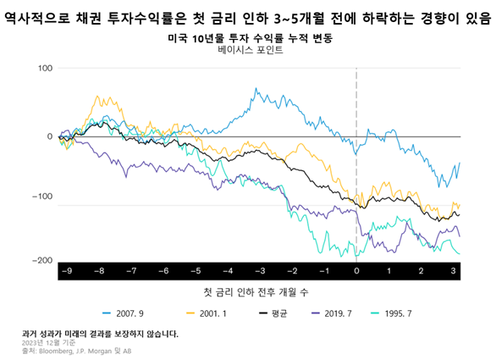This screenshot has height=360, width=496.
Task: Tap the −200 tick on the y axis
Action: tap(40, 261)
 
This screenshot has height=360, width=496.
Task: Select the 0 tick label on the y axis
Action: tap(50, 136)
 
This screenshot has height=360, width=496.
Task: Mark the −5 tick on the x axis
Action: tap(195, 271)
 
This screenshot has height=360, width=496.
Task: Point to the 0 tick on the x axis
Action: tap(356, 271)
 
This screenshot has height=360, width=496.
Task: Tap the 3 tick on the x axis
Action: tap(453, 271)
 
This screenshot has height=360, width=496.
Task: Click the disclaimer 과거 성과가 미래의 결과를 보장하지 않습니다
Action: tap(100, 334)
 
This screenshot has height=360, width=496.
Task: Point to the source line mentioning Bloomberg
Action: tap(76, 352)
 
